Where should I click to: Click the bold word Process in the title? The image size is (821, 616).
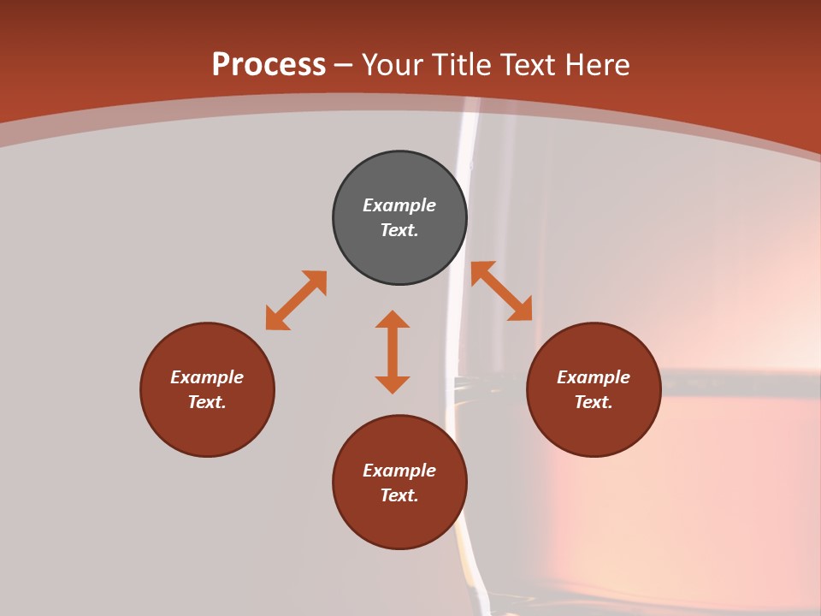(x=269, y=65)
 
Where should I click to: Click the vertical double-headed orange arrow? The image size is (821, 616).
(x=393, y=352)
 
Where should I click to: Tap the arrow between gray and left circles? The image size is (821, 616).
(x=296, y=300)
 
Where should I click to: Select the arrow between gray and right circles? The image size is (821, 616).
(x=502, y=291)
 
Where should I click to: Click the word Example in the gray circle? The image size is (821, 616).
(x=399, y=205)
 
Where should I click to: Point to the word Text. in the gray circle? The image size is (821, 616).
(x=399, y=230)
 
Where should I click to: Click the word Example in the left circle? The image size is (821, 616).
(x=207, y=377)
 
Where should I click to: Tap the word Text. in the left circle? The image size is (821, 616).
(x=207, y=402)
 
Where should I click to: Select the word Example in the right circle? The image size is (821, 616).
(x=594, y=377)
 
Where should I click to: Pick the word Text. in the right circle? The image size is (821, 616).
(x=594, y=402)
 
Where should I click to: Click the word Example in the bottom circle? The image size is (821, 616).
(x=399, y=471)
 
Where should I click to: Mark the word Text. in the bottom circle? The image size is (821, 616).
(x=399, y=495)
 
